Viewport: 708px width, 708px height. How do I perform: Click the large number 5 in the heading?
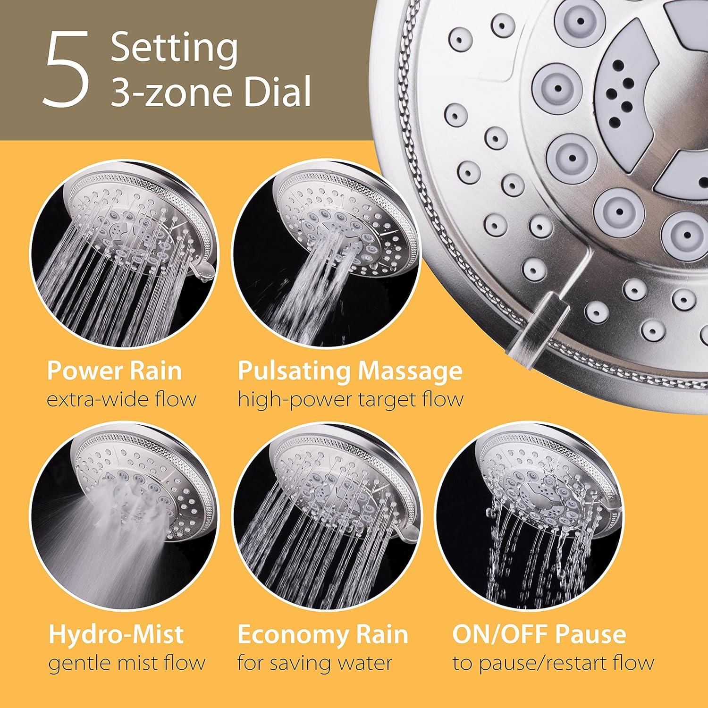click(x=67, y=69)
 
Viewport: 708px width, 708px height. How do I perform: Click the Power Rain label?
click(x=114, y=371)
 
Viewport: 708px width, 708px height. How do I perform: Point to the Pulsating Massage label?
click(x=350, y=371)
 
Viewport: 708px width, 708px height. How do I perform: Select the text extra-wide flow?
click(x=121, y=400)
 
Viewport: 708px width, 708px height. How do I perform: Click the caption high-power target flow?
click(x=350, y=400)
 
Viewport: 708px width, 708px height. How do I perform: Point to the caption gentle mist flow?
click(x=126, y=663)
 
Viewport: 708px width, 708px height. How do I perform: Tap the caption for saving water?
click(x=314, y=663)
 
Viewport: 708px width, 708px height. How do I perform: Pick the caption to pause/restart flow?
click(x=553, y=663)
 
